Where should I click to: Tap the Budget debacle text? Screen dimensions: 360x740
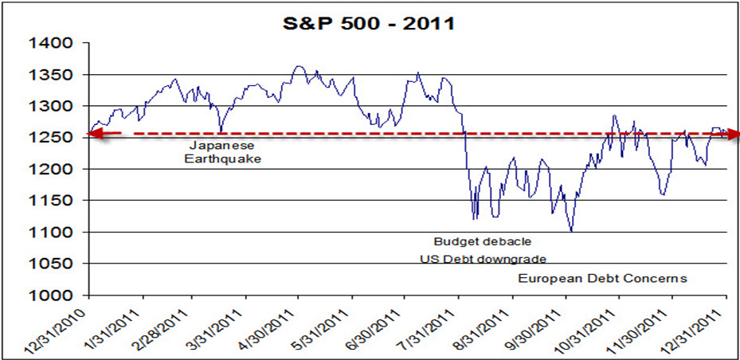[482, 241]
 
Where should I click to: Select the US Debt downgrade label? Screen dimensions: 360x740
[484, 259]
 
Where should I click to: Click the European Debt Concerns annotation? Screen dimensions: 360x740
[602, 278]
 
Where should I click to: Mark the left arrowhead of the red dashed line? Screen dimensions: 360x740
[93, 134]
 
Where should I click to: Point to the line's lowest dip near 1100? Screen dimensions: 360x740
[570, 231]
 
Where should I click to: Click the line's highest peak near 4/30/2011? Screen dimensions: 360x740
[298, 66]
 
